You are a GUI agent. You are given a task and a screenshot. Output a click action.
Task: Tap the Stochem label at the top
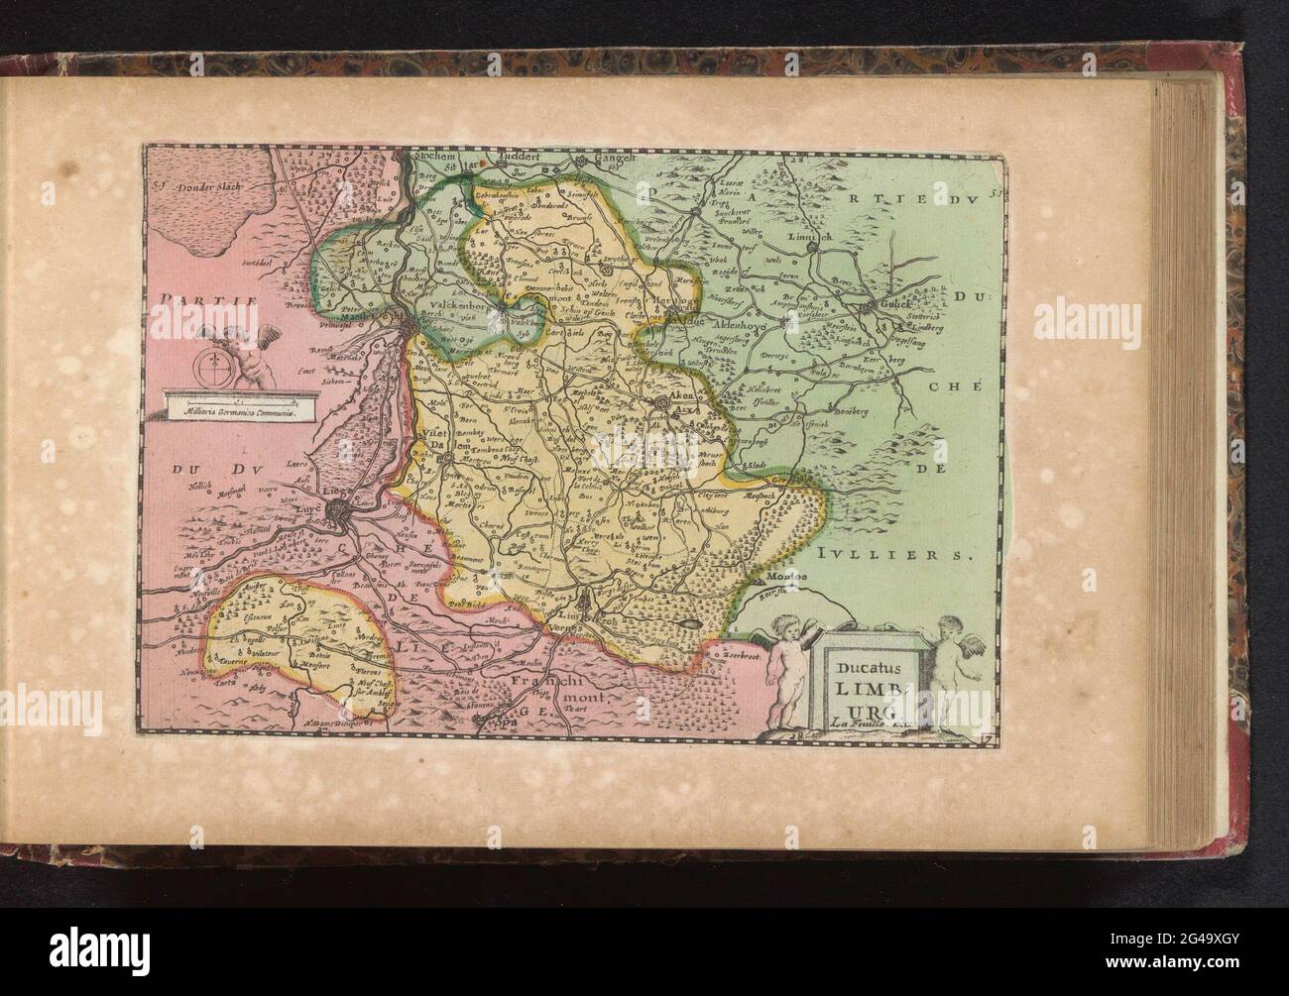(423, 158)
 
